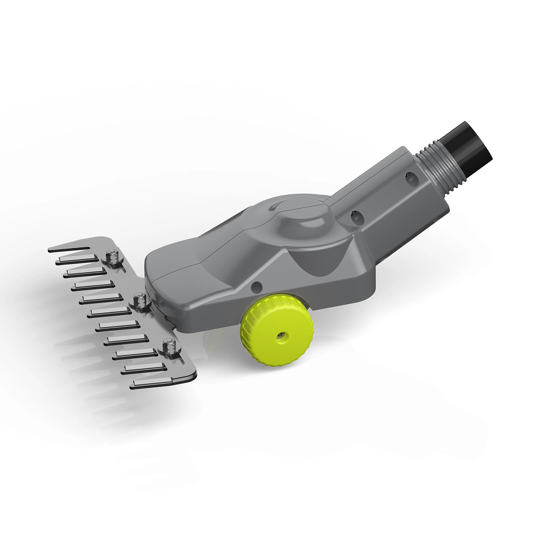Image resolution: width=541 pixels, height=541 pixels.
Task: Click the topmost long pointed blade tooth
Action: pyautogui.click(x=70, y=249)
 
